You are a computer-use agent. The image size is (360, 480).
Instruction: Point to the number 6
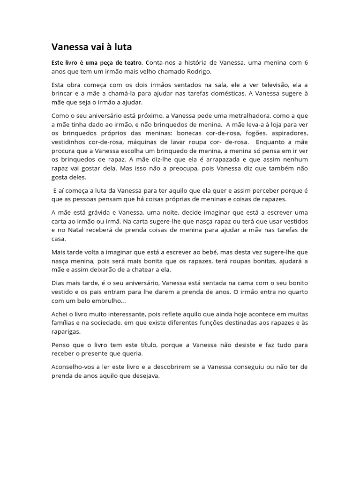(x=306, y=62)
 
